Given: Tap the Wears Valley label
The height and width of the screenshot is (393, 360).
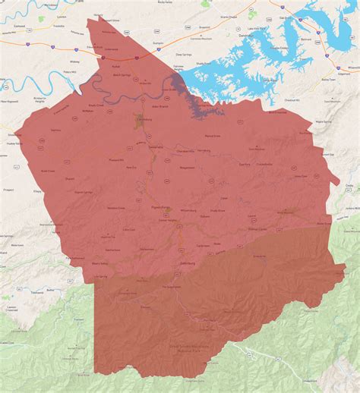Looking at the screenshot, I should click(x=100, y=263).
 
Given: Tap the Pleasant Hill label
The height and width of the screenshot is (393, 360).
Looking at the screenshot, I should click(x=104, y=161).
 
